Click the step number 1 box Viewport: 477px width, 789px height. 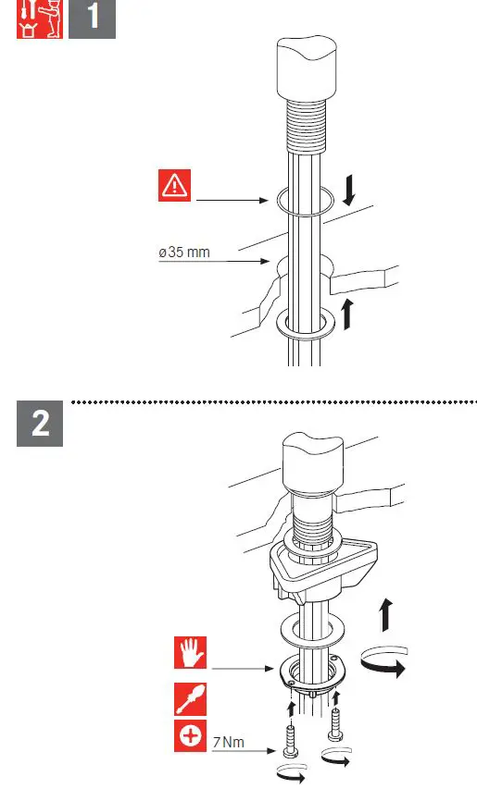[93, 19]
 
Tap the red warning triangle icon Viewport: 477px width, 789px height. [174, 186]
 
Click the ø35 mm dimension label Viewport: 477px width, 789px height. [184, 253]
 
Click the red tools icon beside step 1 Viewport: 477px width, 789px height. [40, 19]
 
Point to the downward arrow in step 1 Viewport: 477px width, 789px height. [350, 190]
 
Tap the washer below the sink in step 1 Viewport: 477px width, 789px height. [306, 323]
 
